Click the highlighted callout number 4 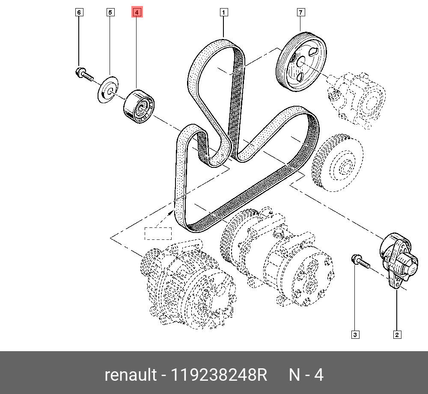tap(137, 13)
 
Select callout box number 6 tap(79, 12)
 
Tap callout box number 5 tap(110, 12)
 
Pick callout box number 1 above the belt tap(223, 12)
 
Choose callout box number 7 tap(300, 12)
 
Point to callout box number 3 tap(355, 334)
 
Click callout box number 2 tap(397, 334)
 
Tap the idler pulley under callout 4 tap(139, 107)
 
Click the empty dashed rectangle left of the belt tap(158, 233)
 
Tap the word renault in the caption tap(131, 375)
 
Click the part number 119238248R tap(219, 375)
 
